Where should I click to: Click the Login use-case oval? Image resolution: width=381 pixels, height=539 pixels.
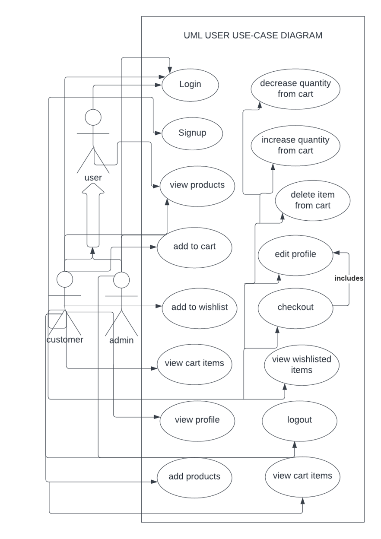point(190,84)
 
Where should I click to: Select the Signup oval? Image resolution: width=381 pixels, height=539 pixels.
point(192,133)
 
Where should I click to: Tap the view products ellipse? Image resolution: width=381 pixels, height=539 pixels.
point(197,185)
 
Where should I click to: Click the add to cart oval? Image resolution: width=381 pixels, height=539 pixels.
point(194,247)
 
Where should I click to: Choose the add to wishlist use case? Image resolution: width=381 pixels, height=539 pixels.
point(199,308)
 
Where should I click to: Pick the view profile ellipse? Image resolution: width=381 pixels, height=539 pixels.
point(197,420)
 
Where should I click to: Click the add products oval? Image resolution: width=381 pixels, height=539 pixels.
point(194,477)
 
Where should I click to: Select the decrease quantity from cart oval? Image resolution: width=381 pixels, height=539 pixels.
point(295,89)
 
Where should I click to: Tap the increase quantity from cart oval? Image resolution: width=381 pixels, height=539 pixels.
point(295,146)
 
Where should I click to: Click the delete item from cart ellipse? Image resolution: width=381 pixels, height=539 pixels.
point(313,200)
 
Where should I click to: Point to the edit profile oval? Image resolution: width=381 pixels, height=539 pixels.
point(295,254)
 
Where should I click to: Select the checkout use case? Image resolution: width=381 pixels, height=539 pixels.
point(295,308)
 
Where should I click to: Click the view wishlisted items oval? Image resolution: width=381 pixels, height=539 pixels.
point(302,365)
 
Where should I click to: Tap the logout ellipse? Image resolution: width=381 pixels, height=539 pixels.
point(299,420)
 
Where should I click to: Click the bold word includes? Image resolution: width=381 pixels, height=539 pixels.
point(349,279)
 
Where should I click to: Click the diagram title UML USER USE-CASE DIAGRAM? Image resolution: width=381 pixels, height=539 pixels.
point(253,35)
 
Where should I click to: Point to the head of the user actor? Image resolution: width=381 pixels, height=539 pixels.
point(93,117)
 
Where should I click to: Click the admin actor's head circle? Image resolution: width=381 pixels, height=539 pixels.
point(121,280)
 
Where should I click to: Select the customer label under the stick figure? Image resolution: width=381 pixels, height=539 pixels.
point(65,339)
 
